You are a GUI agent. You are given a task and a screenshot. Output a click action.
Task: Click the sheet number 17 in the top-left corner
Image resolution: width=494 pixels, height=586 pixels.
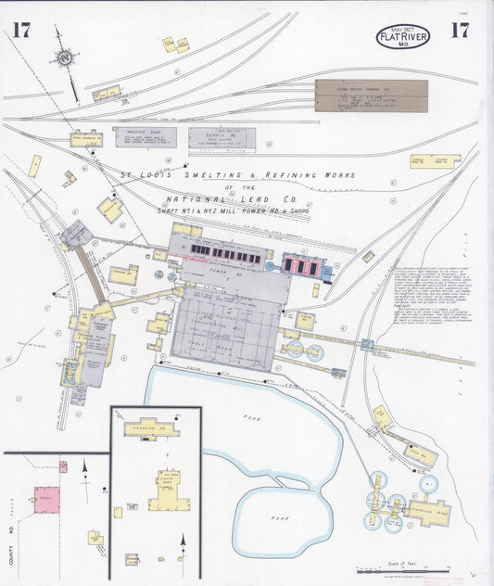tap(21, 31)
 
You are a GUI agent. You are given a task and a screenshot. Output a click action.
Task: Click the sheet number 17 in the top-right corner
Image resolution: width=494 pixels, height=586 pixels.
tap(458, 30)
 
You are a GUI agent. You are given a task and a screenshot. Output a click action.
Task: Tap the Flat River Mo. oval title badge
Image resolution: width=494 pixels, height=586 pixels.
tap(403, 37)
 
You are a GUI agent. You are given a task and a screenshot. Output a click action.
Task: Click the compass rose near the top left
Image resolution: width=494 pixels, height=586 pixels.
tap(64, 58)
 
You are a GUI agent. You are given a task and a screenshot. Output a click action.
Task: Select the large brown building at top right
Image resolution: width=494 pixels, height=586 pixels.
tap(371, 96)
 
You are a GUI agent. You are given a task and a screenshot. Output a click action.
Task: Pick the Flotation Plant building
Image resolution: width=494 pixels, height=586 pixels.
tap(430, 510)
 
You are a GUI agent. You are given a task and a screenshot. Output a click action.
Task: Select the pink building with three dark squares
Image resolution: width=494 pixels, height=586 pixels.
tap(304, 266)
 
